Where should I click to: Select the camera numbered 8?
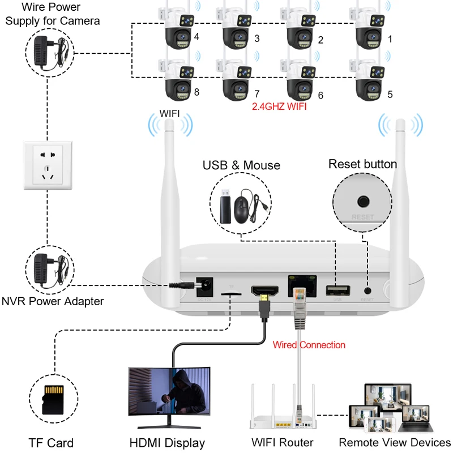(x=178, y=83)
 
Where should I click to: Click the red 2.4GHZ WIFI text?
(x=279, y=106)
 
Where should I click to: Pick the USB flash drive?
(x=224, y=205)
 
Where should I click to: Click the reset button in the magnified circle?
(x=363, y=201)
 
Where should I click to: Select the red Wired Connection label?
(x=309, y=344)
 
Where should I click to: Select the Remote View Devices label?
(x=395, y=442)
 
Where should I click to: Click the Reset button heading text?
(x=362, y=164)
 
